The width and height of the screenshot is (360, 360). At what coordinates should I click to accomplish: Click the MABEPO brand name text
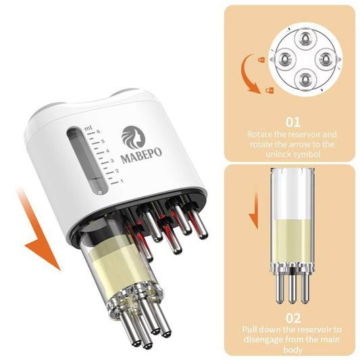tap(141, 155)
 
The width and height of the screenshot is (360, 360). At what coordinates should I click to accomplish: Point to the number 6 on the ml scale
tap(98, 132)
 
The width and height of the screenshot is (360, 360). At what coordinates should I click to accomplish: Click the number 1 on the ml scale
tap(122, 181)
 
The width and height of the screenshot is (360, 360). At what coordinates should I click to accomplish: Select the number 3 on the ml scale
tap(112, 161)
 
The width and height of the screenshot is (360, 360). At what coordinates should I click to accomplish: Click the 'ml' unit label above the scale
tap(88, 128)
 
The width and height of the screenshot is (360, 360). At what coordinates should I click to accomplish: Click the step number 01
tap(293, 122)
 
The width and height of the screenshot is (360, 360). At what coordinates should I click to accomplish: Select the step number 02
tap(293, 318)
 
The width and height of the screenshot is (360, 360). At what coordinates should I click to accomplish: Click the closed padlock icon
tap(261, 59)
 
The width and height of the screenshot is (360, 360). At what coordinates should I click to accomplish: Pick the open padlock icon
tap(269, 91)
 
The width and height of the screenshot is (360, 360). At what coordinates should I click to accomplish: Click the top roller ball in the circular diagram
tap(305, 38)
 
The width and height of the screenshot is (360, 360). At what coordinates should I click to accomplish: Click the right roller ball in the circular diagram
tap(326, 59)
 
